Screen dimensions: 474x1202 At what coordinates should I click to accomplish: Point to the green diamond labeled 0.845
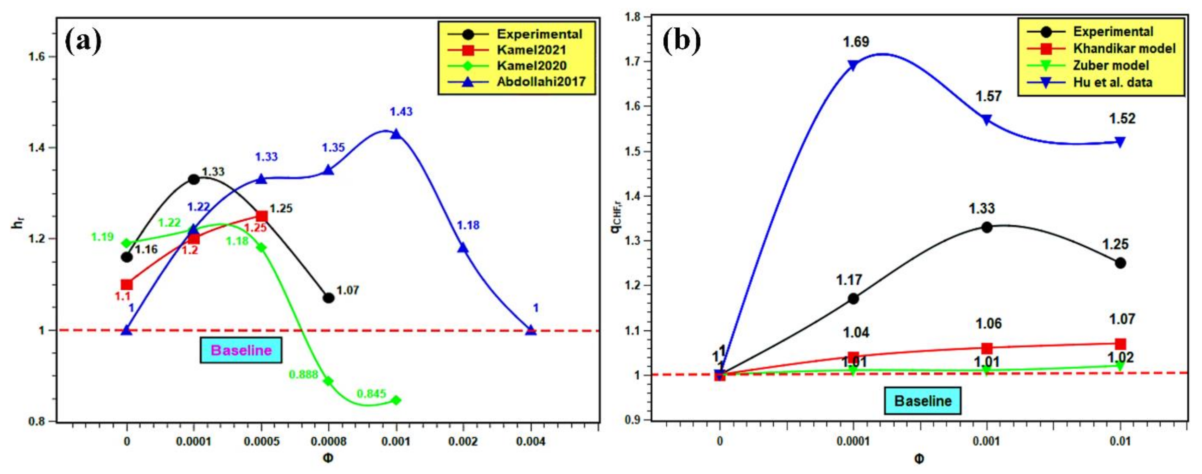(396, 400)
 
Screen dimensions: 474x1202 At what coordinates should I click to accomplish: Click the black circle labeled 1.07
(328, 298)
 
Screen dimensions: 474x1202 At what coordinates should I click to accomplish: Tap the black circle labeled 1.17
(853, 298)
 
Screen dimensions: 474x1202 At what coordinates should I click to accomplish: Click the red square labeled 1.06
(986, 348)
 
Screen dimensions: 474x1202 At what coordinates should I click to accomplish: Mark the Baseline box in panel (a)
(241, 350)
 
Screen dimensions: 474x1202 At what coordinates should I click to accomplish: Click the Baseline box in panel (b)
(923, 401)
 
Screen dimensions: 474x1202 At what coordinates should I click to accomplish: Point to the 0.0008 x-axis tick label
(328, 441)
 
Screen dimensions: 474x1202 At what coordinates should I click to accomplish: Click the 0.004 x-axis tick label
(531, 441)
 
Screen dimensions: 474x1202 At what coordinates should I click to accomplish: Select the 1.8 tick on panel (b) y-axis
(633, 17)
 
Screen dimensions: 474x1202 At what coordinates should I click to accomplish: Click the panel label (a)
(83, 41)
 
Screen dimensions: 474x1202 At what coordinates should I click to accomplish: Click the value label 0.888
(303, 374)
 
